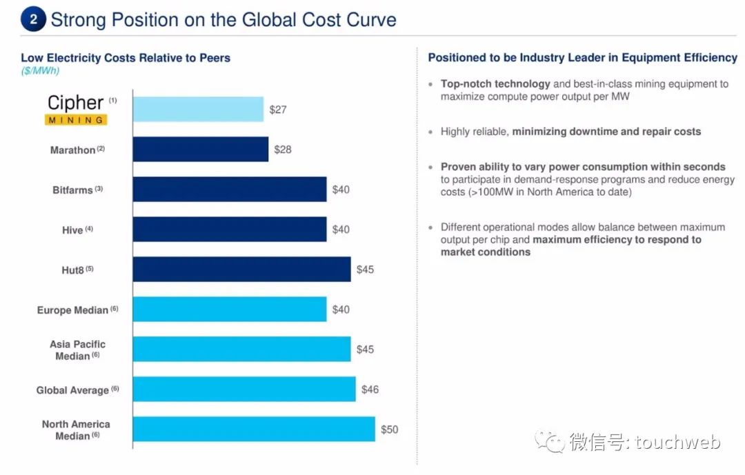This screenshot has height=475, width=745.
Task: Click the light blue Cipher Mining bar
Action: click(198, 109)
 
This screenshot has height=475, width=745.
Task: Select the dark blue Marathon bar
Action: click(200, 149)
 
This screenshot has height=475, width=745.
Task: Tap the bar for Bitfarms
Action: click(229, 189)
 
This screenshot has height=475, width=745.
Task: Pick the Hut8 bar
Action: click(241, 269)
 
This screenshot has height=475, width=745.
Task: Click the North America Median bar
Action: click(253, 429)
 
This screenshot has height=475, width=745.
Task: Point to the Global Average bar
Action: click(244, 389)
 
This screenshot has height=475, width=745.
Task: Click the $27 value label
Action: click(278, 110)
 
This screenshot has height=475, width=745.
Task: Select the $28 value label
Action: click(283, 150)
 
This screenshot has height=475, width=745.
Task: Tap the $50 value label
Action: click(390, 429)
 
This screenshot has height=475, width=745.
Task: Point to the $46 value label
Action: click(370, 390)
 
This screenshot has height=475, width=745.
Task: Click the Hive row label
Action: click(72, 230)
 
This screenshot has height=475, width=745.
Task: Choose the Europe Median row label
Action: click(72, 310)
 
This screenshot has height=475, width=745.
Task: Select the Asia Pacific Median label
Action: click(77, 350)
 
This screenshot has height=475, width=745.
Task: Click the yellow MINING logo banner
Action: click(76, 120)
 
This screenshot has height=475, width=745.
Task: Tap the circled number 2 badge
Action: click(33, 19)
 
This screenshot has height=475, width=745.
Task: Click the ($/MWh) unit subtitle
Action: click(40, 70)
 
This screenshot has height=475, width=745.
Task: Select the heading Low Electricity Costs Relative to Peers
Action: click(126, 58)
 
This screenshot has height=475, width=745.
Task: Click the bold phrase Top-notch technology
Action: click(495, 84)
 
